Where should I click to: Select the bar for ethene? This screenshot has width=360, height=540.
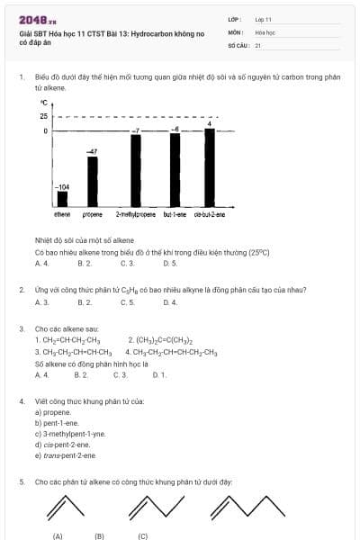pos(62,200)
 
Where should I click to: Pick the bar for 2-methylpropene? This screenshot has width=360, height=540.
pos(136,171)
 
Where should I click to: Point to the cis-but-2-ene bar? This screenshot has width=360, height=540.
pos(210,168)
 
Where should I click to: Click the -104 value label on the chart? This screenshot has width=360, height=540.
pos(63,186)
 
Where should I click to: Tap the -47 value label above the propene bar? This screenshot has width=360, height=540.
pos(92,152)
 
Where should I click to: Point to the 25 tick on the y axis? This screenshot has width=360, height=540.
pos(44,116)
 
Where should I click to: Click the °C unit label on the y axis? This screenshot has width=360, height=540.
pos(43,103)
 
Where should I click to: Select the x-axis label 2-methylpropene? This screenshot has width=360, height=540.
pos(136,214)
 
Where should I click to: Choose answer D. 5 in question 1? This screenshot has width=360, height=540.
pos(170,263)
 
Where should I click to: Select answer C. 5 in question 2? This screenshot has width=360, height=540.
pos(127,302)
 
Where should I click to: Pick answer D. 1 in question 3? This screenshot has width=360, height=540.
pos(159,373)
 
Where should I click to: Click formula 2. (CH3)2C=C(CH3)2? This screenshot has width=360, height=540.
pos(158,340)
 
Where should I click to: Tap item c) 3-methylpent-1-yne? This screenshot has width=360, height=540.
pos(69,434)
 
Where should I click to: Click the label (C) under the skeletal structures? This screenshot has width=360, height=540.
pos(143,535)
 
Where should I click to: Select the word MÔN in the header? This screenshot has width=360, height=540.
pos(236,31)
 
